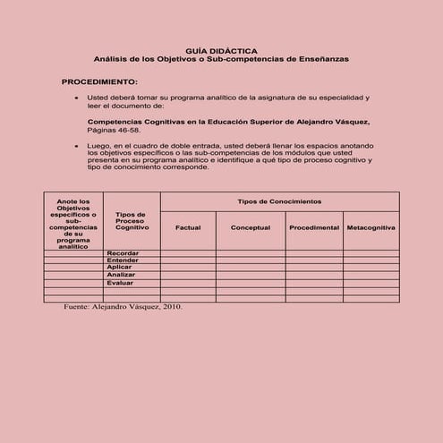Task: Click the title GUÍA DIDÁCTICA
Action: [x=221, y=50]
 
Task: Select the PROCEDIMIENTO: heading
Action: [x=98, y=81]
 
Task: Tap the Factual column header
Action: [x=188, y=228]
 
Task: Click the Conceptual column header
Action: [x=251, y=228]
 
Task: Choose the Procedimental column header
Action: [x=313, y=228]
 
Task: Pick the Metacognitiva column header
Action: [x=371, y=228]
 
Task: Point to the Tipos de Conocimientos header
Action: [x=279, y=201]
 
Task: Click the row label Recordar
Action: [x=122, y=253]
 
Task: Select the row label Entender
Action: [x=122, y=260]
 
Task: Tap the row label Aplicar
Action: [x=119, y=268]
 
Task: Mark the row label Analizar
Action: [x=121, y=275]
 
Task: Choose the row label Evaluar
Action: [x=120, y=283]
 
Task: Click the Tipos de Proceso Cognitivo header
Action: [x=132, y=221]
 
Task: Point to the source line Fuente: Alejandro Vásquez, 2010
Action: [x=123, y=306]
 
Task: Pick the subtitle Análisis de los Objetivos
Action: [x=221, y=58]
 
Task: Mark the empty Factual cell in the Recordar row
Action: [x=188, y=253]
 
